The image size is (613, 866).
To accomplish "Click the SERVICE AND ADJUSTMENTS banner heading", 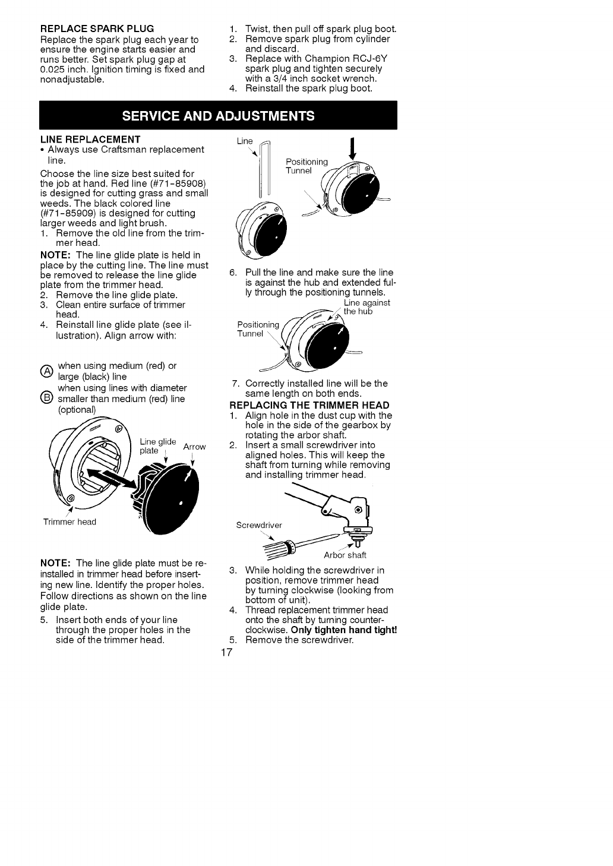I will coord(218,115).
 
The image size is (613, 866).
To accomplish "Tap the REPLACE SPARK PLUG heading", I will coord(97,29).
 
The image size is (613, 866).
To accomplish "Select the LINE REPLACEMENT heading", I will coord(90,140).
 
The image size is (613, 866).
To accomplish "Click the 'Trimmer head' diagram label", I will coord(69,522).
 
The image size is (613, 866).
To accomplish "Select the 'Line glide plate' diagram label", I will coord(158,446).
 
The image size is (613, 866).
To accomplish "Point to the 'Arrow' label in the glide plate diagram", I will coord(195,447).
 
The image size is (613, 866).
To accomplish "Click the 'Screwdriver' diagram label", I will coord(259,525).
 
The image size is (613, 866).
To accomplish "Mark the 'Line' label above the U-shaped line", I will coord(245,141).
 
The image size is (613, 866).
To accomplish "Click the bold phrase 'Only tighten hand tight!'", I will coord(344,630).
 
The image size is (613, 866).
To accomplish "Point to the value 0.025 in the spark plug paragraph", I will coord(53,69).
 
